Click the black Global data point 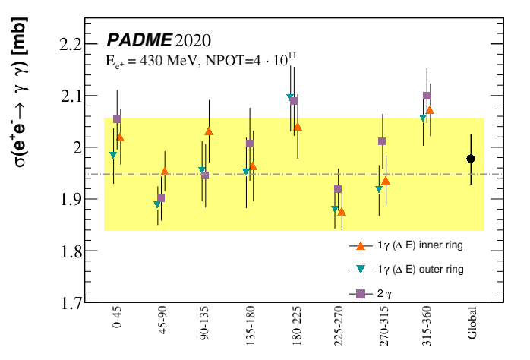(471, 159)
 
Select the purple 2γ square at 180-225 (295, 101)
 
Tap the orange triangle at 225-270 (342, 212)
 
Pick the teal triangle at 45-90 (157, 204)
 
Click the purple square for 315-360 (427, 96)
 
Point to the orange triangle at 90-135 (209, 131)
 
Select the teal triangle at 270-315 (379, 189)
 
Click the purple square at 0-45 (117, 119)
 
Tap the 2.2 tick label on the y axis (70, 44)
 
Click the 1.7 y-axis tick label (70, 303)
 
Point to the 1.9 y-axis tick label (70, 200)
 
